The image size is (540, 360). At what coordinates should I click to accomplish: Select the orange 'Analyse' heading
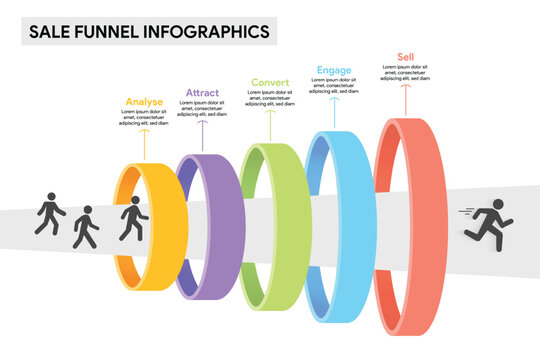point(144,101)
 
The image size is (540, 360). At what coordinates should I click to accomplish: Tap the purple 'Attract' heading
point(202,93)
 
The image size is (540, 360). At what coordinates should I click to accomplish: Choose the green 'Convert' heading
point(270,82)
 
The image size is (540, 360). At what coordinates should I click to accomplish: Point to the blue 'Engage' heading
point(334,70)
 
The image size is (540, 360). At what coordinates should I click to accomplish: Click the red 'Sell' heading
point(406,57)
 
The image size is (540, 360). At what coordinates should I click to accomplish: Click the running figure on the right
point(489,221)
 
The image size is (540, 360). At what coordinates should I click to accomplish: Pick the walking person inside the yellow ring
point(131,218)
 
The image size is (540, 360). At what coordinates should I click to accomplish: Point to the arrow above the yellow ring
point(144,145)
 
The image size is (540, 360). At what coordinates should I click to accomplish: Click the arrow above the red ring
point(406,98)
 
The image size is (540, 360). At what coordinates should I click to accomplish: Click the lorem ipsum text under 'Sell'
point(406,74)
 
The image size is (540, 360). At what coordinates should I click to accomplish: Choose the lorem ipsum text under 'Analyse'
point(144,118)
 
